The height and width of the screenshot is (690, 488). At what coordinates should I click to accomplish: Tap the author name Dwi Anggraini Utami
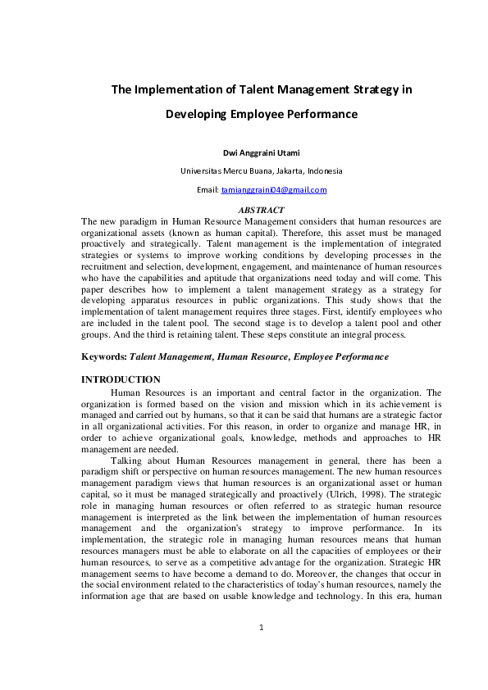point(262,152)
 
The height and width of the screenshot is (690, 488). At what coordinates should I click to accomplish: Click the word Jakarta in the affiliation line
point(287,171)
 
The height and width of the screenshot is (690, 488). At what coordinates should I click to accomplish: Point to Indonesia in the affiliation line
point(325,171)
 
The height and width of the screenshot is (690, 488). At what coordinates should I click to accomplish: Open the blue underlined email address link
point(274,190)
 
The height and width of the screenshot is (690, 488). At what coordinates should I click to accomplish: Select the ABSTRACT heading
point(261,211)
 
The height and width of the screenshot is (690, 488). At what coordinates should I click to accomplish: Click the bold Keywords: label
point(104,357)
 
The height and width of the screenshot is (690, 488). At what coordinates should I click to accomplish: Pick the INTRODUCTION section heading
point(121,379)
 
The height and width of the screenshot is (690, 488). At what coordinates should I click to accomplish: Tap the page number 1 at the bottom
point(260,651)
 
